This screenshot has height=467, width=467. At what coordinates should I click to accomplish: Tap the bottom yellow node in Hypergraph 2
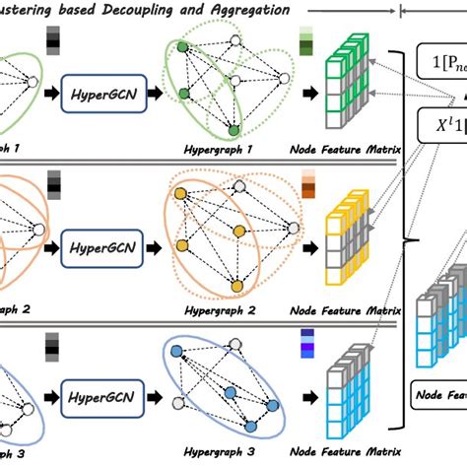tap(235, 287)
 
